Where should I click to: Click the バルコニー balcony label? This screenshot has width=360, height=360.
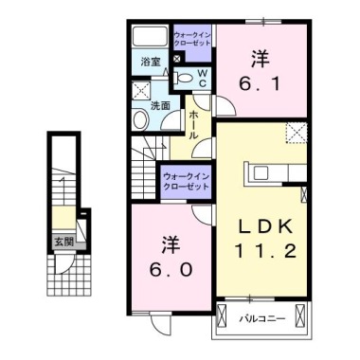[x=258, y=319]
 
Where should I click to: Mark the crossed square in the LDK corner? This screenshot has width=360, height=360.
[x=297, y=133]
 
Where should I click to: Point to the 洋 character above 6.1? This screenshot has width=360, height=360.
[x=258, y=55]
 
